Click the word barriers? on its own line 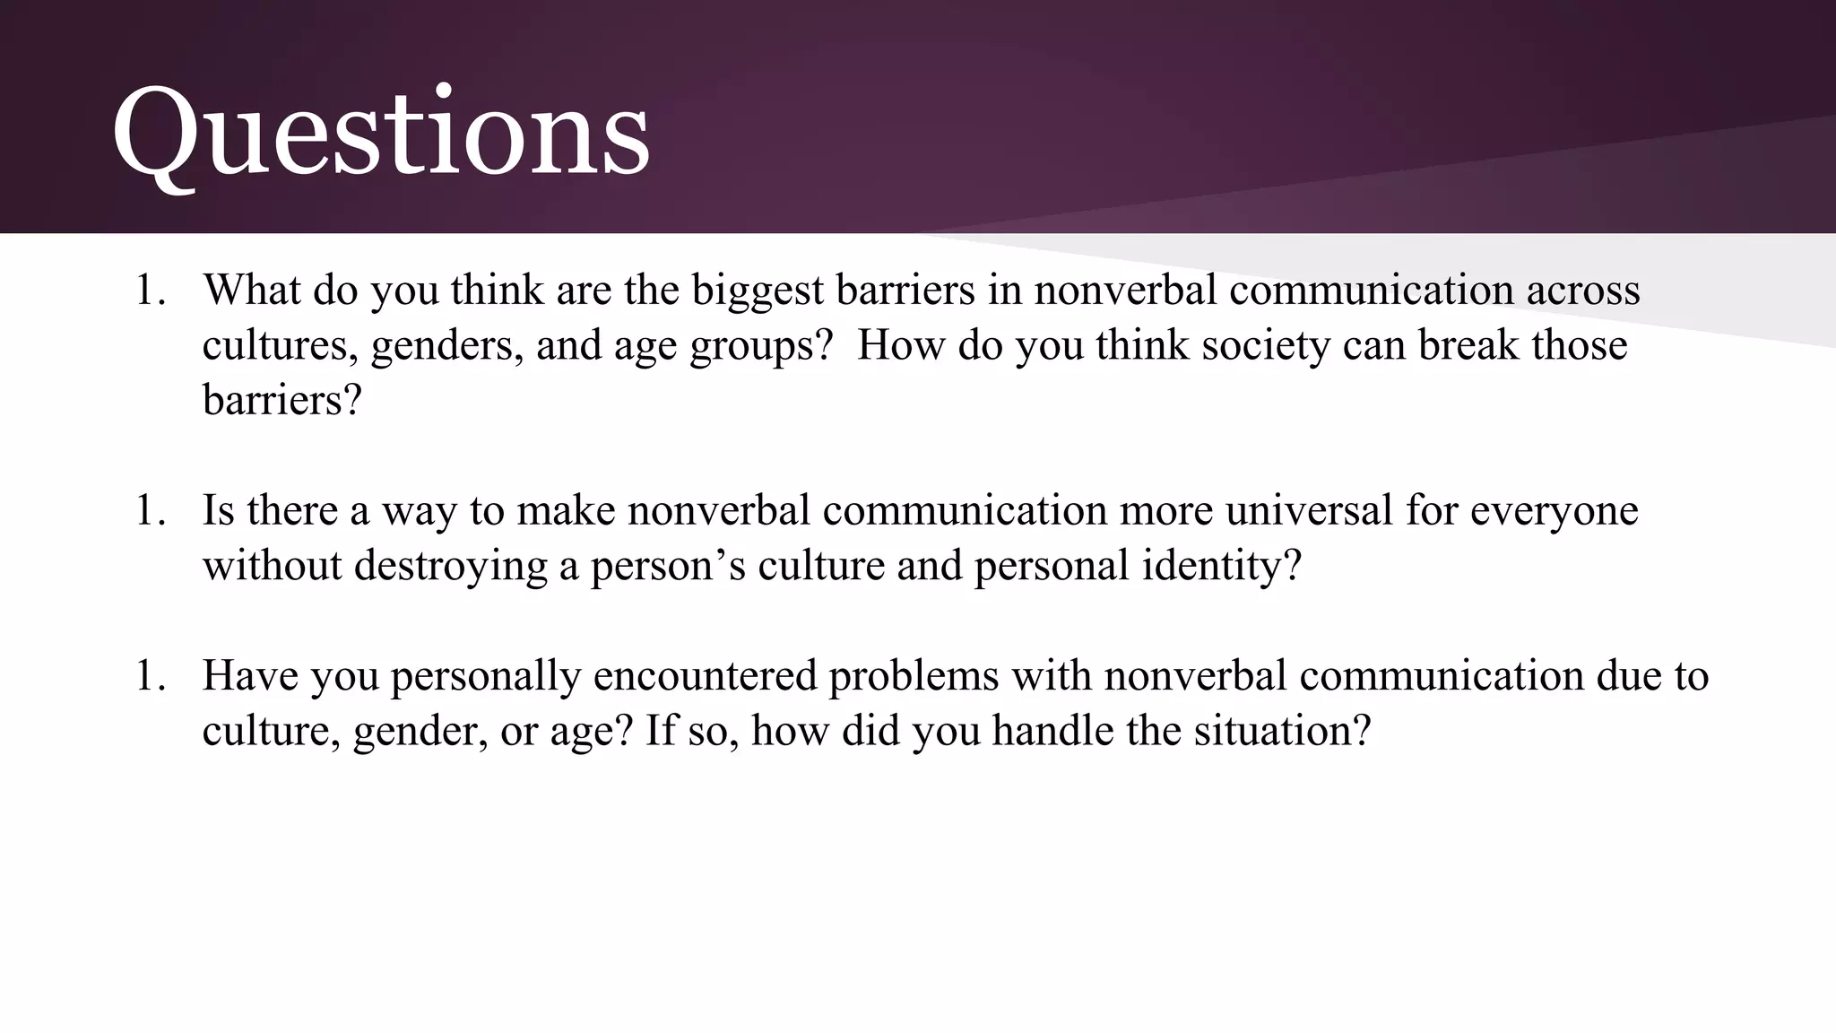(x=281, y=400)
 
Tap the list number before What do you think (x=151, y=291)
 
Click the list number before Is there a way (x=151, y=511)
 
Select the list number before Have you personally (x=151, y=676)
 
